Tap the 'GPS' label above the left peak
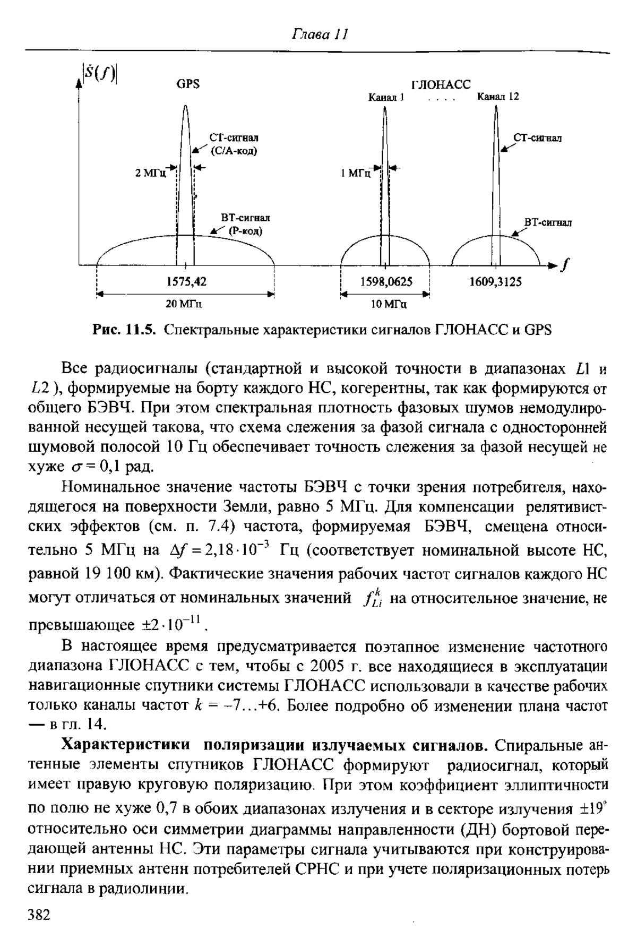(x=187, y=84)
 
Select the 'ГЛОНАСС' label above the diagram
(x=441, y=85)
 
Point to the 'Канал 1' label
(x=387, y=98)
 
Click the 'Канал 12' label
(x=497, y=97)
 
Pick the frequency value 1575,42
(x=186, y=282)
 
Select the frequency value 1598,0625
(x=386, y=282)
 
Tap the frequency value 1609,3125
(x=495, y=282)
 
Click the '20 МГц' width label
(x=185, y=305)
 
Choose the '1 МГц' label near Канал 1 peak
(x=356, y=173)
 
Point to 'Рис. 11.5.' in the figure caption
(x=124, y=330)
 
